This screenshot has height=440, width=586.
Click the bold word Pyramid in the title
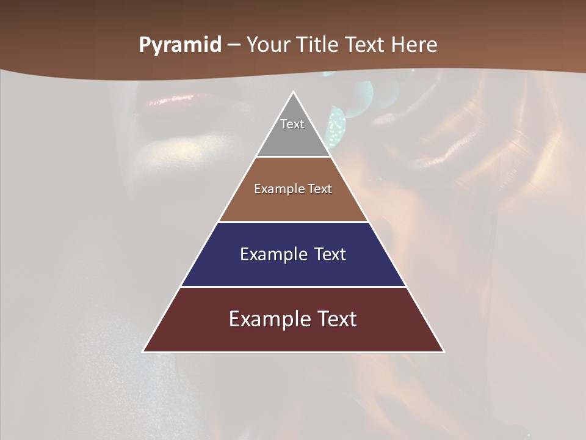click(180, 45)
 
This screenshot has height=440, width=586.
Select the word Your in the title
click(267, 45)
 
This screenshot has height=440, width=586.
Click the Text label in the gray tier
click(292, 124)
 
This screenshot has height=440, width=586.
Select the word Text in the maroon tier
click(336, 319)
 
